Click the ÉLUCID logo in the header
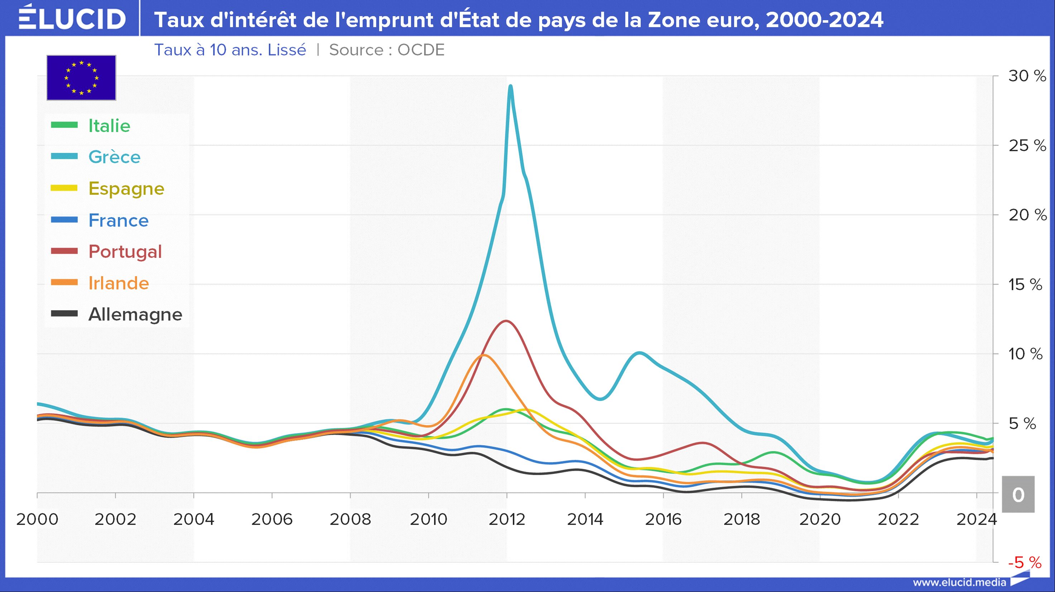[x=72, y=18]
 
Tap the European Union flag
[x=81, y=77]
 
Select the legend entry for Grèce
[x=114, y=157]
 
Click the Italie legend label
[x=109, y=126]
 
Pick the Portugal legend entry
[x=125, y=252]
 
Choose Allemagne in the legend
[x=135, y=314]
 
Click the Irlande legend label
[x=119, y=283]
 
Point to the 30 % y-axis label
[x=1027, y=76]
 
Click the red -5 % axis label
[x=1024, y=563]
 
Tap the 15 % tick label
[x=1025, y=284]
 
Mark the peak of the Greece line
[x=510, y=86]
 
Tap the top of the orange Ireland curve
[x=484, y=355]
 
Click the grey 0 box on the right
[x=1018, y=494]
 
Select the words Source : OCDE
[x=387, y=50]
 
